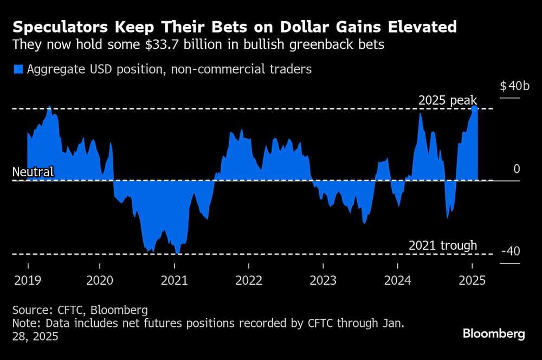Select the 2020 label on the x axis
pyautogui.click(x=100, y=280)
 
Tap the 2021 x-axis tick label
pyautogui.click(x=174, y=280)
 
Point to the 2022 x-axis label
pyautogui.click(x=249, y=280)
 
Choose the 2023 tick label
pyautogui.click(x=323, y=280)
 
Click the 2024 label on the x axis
pyautogui.click(x=397, y=280)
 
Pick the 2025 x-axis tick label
pyautogui.click(x=472, y=280)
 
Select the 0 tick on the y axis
pyautogui.click(x=517, y=169)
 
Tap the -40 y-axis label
pyautogui.click(x=511, y=252)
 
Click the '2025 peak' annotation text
pyautogui.click(x=448, y=101)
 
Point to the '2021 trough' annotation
pyautogui.click(x=443, y=246)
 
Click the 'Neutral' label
pyautogui.click(x=33, y=172)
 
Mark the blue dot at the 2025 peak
pyautogui.click(x=474, y=109)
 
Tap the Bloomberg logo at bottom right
pyautogui.click(x=494, y=333)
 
